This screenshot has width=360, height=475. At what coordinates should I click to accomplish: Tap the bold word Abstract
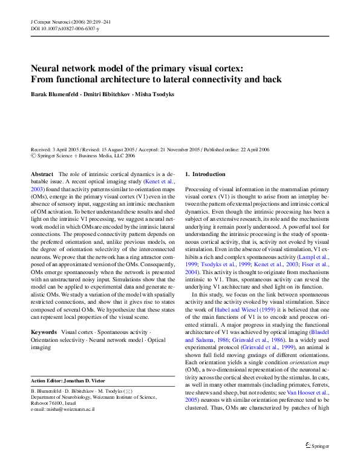pyautogui.click(x=42, y=174)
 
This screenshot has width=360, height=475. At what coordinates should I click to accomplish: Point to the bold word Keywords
pyautogui.click(x=44, y=332)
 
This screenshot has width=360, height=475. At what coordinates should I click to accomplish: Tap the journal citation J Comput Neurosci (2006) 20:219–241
pyautogui.click(x=70, y=22)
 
